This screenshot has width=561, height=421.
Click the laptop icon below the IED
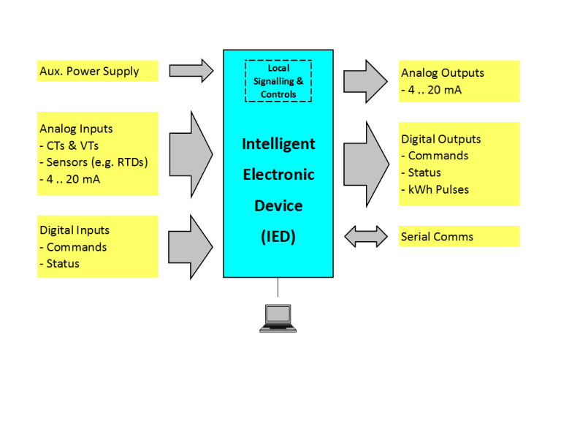tap(278, 317)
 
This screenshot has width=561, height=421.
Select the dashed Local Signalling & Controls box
tap(278, 80)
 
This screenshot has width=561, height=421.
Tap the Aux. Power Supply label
tap(88, 72)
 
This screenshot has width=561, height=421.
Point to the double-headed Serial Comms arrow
tap(366, 235)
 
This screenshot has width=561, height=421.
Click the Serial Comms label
tap(437, 237)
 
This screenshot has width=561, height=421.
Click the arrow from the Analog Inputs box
tap(191, 153)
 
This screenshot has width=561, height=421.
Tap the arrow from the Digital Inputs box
tap(191, 246)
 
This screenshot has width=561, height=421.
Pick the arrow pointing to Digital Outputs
tap(366, 154)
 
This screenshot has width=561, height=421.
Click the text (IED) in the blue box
tap(278, 237)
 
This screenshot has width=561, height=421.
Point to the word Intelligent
tap(278, 144)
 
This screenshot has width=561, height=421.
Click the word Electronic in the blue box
tap(278, 175)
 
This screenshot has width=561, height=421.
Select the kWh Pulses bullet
tap(438, 189)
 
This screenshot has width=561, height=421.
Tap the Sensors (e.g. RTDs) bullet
tap(96, 162)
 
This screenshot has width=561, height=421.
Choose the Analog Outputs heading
tap(443, 73)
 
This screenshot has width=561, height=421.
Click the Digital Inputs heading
tap(75, 230)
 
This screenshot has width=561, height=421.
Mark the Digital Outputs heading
tap(441, 139)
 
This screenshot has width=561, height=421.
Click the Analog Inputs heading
tap(76, 129)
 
